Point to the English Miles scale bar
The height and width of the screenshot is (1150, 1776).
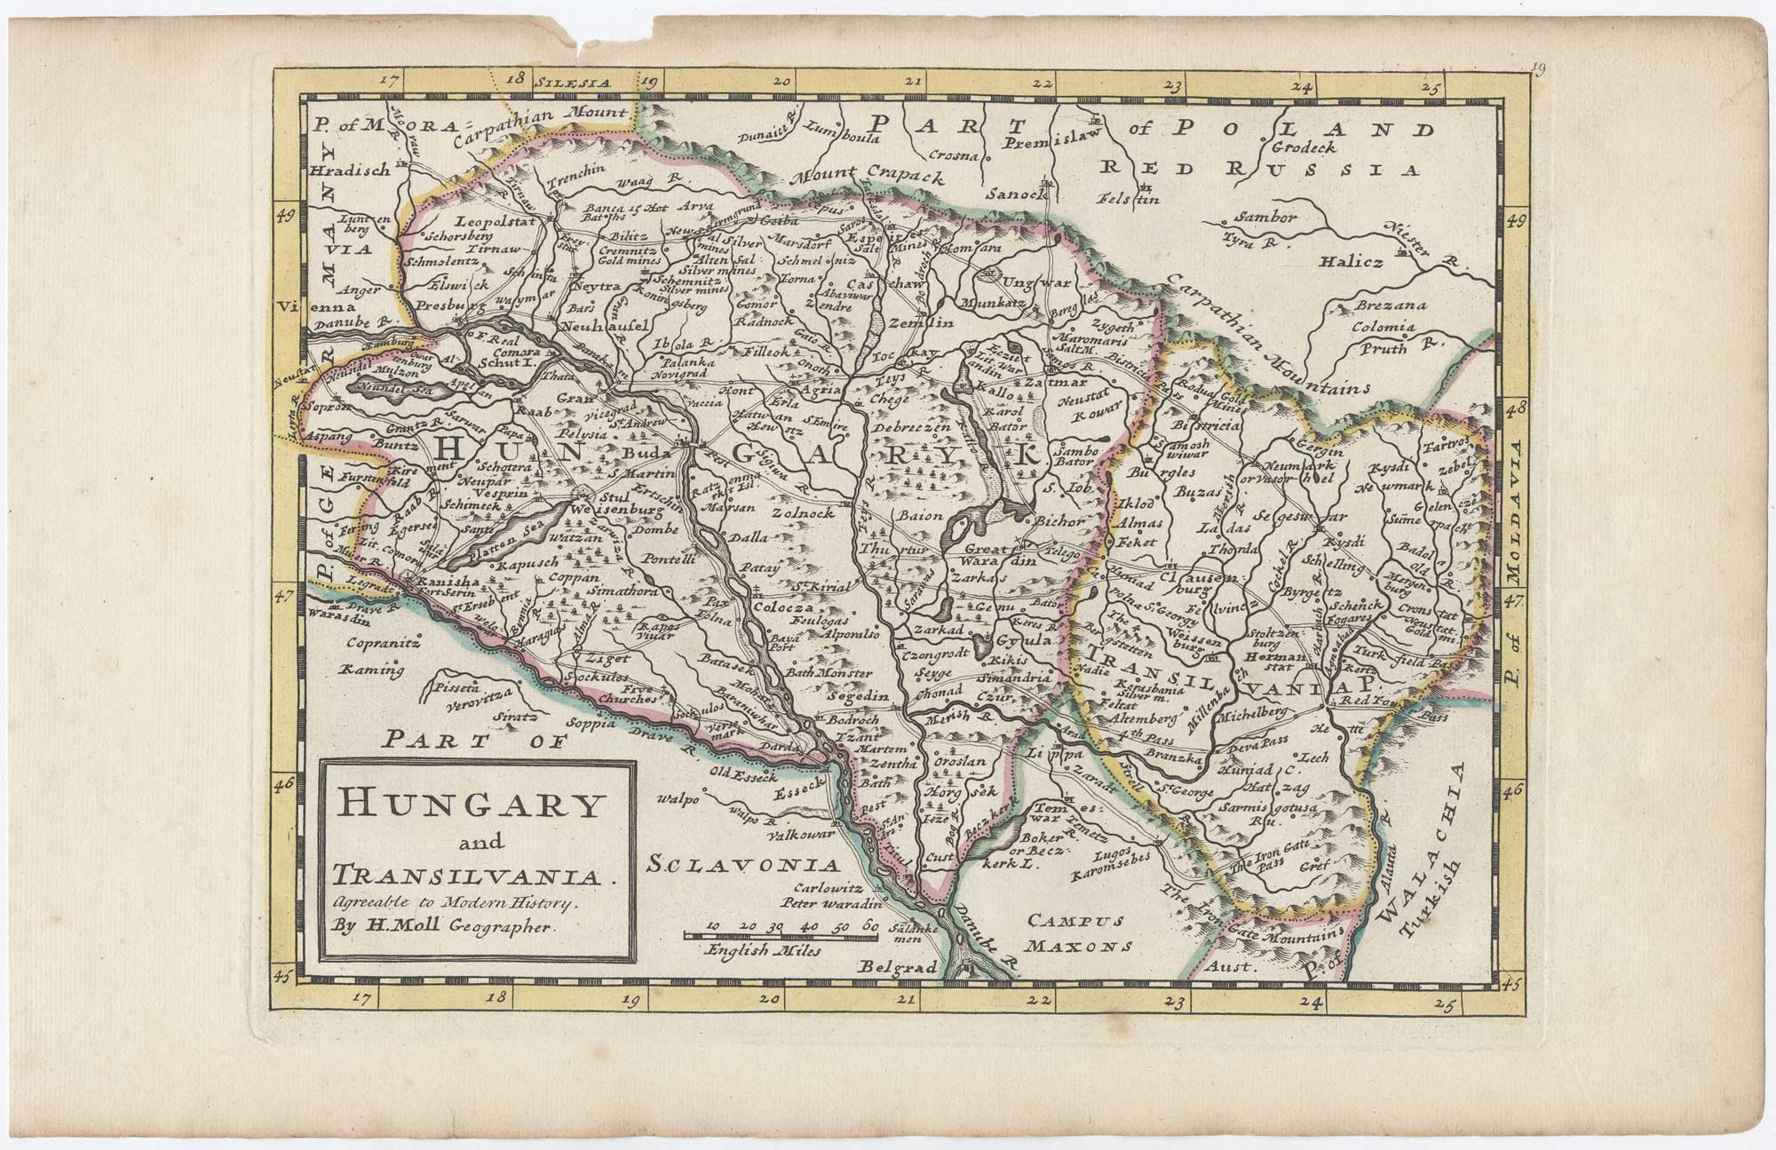(781, 935)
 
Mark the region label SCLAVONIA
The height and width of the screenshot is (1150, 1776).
(743, 864)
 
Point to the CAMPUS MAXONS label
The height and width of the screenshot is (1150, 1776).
(1078, 933)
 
